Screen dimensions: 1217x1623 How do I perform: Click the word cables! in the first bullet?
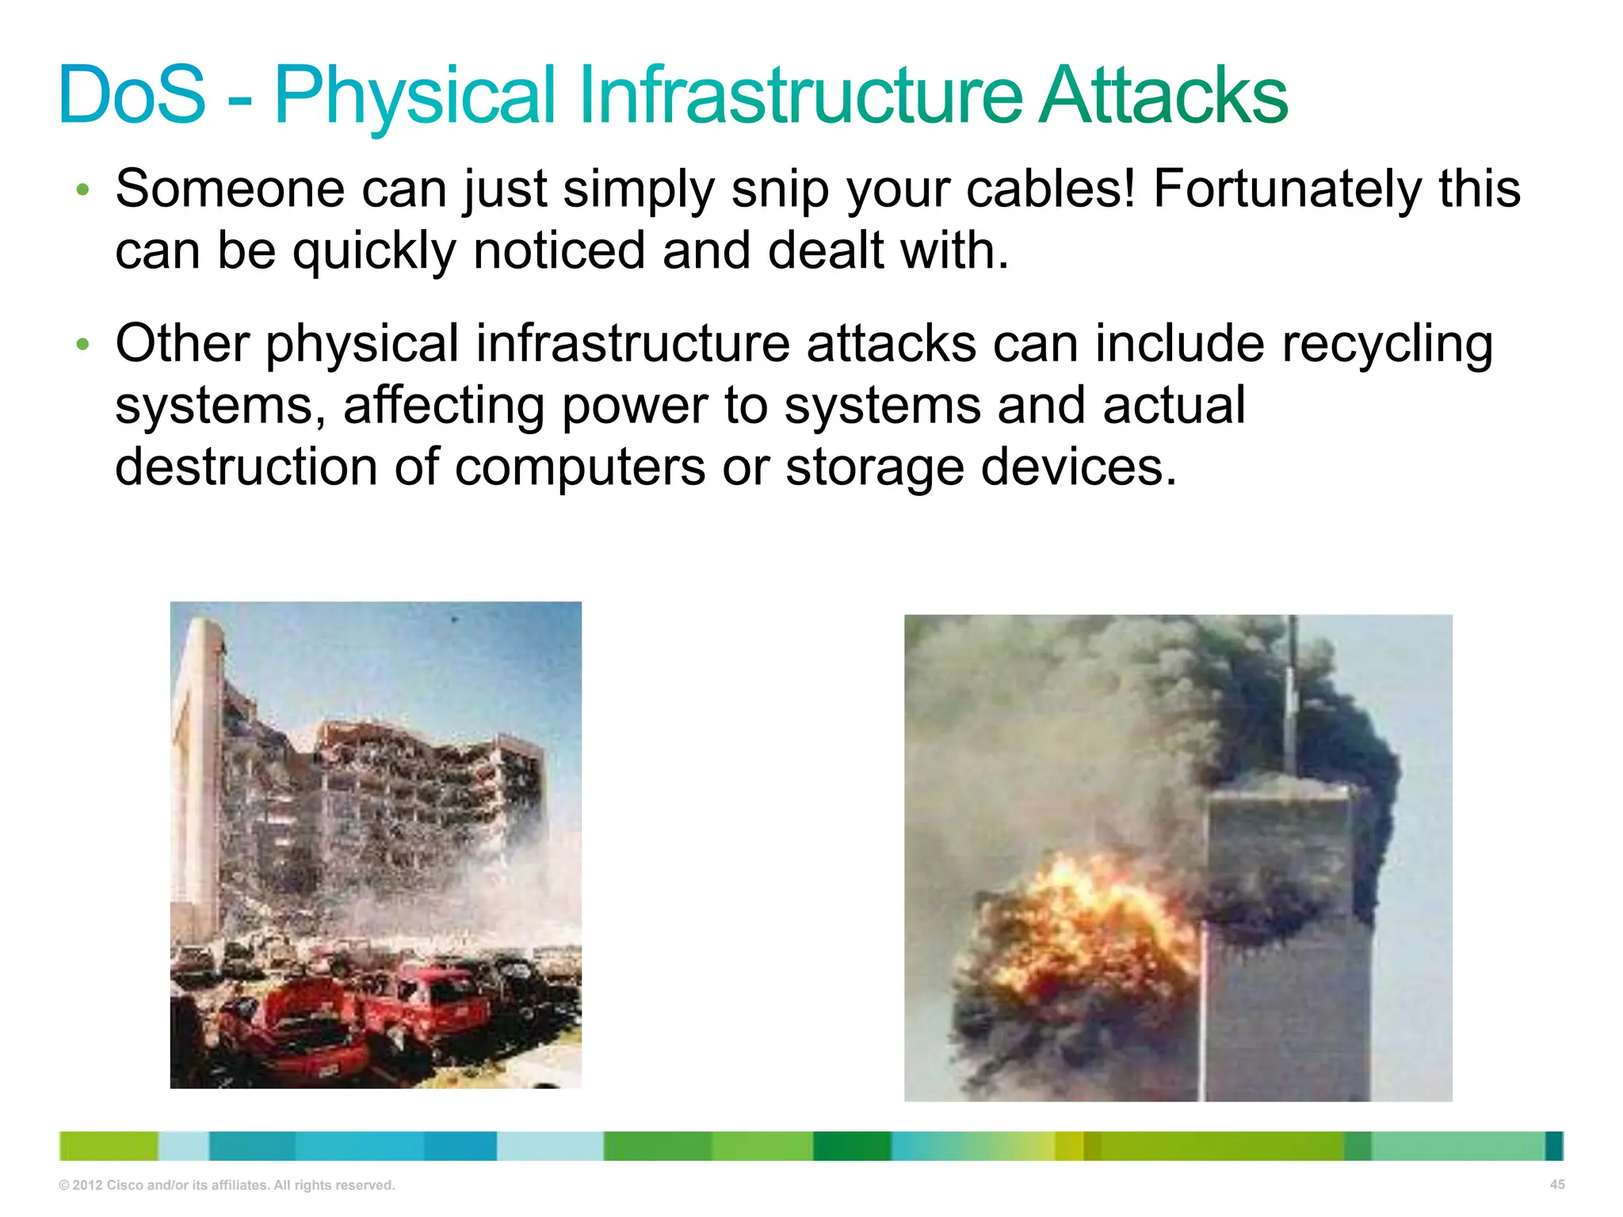[x=1051, y=189]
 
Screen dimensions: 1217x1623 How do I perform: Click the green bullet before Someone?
[x=82, y=190]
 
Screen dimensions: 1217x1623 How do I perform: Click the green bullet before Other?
[x=82, y=345]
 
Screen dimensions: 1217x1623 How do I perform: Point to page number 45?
[x=1556, y=1185]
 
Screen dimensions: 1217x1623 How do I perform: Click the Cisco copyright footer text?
[x=227, y=1185]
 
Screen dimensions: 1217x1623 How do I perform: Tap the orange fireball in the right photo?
[x=1086, y=919]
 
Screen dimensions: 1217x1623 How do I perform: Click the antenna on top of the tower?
[x=1292, y=697]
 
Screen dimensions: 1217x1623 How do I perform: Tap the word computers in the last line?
[x=580, y=468]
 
